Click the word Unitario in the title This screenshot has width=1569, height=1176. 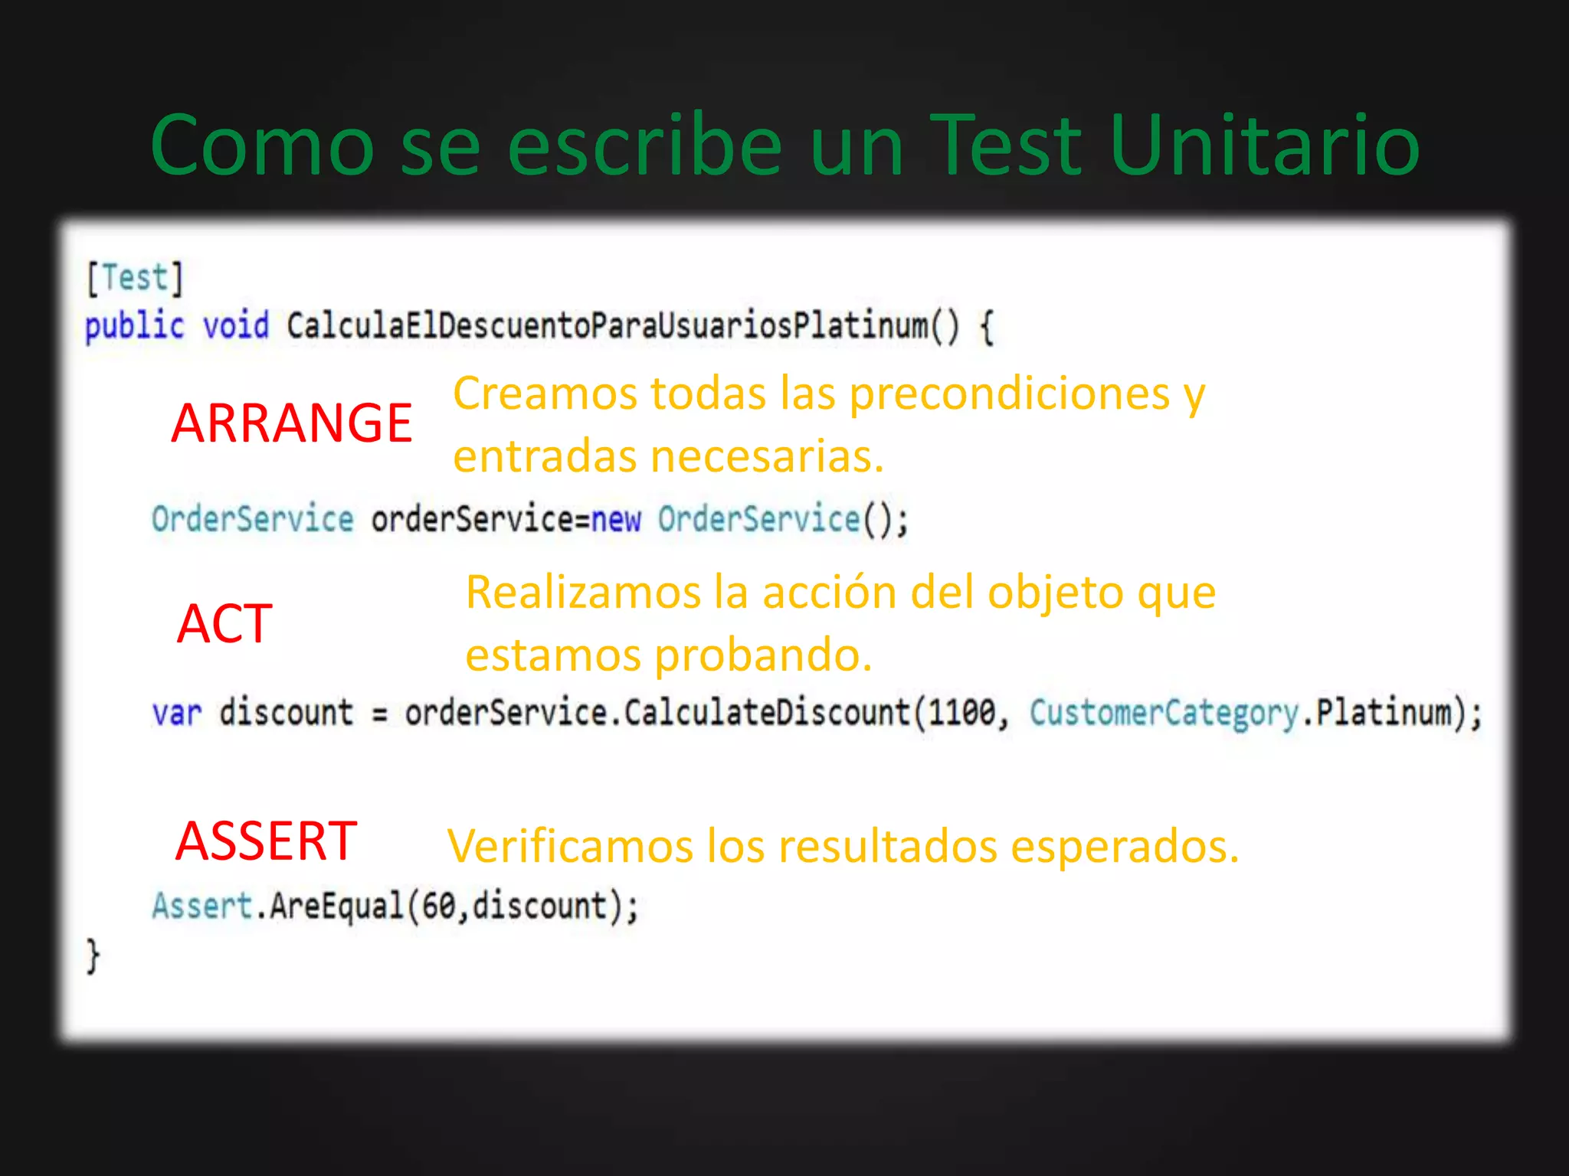click(1264, 145)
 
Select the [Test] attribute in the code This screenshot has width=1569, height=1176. click(135, 278)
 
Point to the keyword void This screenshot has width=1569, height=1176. click(236, 326)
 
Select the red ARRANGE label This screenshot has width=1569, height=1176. click(292, 423)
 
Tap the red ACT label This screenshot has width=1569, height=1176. click(224, 623)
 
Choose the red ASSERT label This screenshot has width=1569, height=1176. click(266, 841)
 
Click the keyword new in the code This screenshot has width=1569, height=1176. click(616, 520)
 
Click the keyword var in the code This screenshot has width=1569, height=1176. click(177, 714)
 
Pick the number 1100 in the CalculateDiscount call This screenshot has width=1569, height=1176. click(962, 713)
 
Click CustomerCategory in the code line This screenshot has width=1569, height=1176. click(1164, 713)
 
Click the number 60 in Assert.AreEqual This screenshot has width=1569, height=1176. click(439, 906)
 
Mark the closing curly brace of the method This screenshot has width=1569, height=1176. click(93, 956)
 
